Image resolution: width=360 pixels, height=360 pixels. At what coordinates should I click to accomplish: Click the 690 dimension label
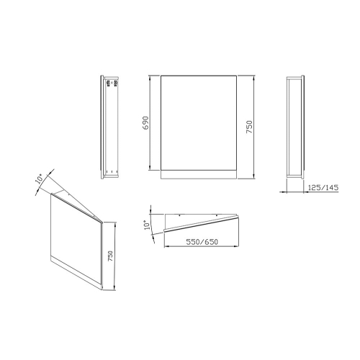(145, 123)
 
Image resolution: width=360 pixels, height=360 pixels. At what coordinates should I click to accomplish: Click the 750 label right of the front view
(249, 127)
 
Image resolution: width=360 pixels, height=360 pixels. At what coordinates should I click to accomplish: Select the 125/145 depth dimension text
(323, 187)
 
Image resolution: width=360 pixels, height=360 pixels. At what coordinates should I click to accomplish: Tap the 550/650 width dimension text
(202, 242)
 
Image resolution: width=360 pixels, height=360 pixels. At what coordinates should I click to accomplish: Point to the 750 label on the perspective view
(110, 256)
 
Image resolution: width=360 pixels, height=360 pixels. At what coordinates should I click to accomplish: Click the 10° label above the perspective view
(40, 179)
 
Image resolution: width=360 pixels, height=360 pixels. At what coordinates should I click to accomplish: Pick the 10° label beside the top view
(147, 225)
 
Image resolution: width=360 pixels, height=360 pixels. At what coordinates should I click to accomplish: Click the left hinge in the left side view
(108, 83)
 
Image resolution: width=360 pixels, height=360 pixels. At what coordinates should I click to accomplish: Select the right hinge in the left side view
(116, 83)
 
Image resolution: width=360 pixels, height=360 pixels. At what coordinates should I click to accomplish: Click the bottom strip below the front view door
(199, 175)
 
